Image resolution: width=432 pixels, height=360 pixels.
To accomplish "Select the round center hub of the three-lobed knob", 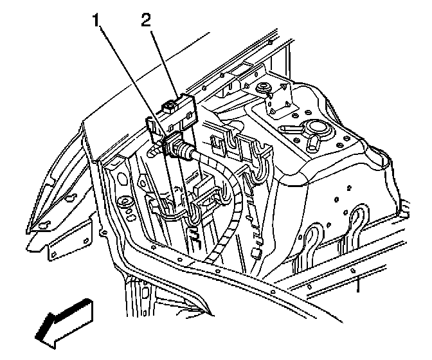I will (317, 127).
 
